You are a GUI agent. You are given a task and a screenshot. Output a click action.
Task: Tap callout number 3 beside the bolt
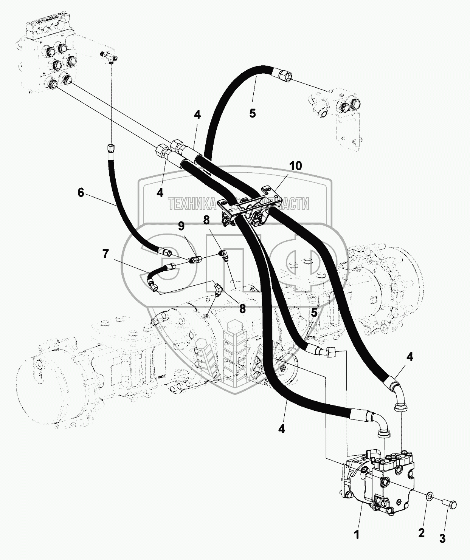point(442,538)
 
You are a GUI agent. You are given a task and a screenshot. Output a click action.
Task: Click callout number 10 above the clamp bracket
point(296,166)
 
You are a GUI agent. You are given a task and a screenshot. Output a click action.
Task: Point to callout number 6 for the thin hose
point(81,192)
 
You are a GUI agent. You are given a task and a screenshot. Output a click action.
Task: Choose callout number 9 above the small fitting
point(181,226)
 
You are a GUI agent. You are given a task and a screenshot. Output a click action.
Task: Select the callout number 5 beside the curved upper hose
point(253,113)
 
